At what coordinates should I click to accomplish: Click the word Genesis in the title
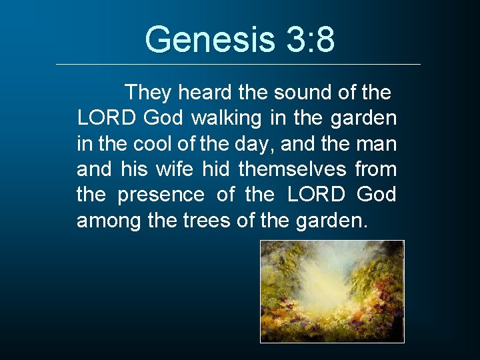point(208,39)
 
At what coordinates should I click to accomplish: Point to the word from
point(375,169)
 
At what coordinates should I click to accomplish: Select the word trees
point(207,221)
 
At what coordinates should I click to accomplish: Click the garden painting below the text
point(332,291)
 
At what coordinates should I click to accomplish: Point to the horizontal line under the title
point(239,64)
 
